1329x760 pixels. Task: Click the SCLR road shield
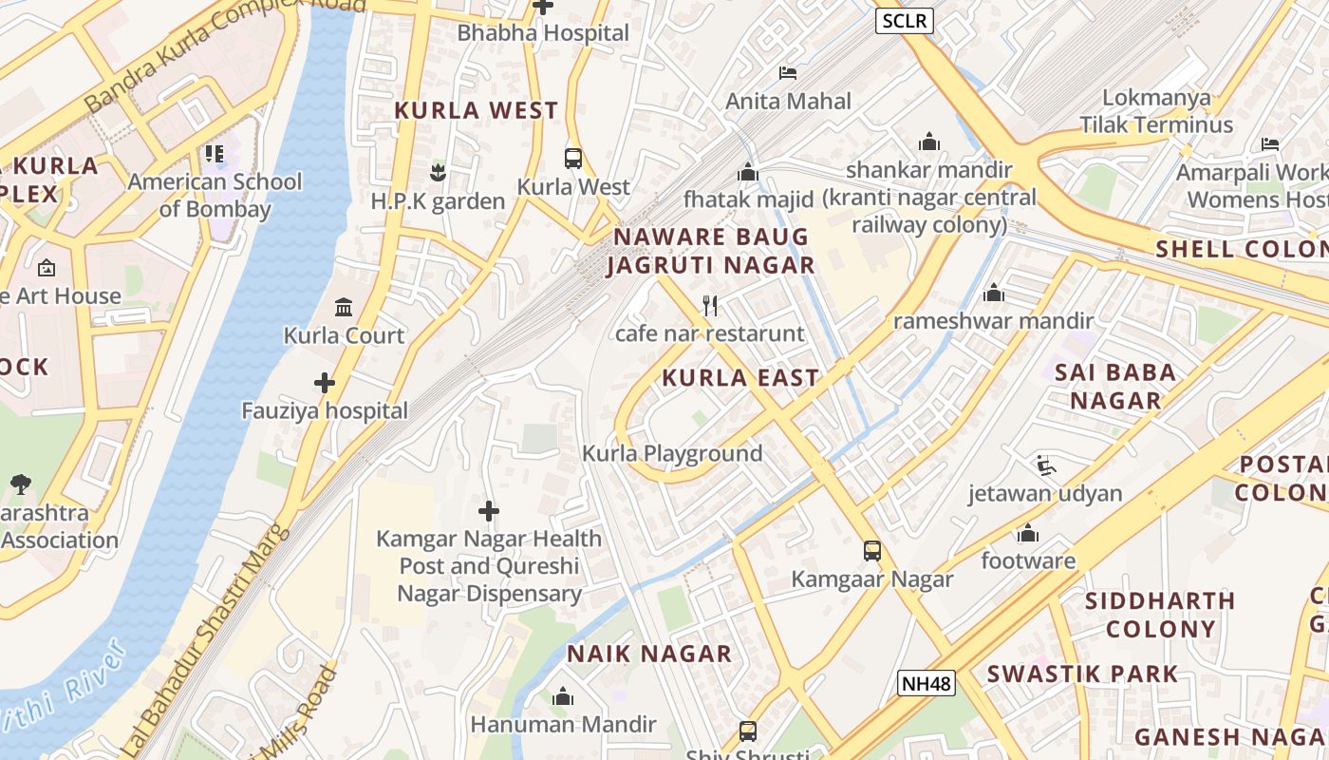(x=904, y=21)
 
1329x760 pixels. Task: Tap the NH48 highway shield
(x=926, y=682)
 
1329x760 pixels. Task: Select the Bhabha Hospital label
(x=543, y=33)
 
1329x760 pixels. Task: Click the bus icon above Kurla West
(x=573, y=159)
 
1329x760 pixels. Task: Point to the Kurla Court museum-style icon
(x=344, y=308)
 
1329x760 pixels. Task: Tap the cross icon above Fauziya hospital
(x=325, y=383)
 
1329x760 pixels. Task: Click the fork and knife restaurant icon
(x=709, y=306)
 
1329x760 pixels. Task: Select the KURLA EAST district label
(x=740, y=378)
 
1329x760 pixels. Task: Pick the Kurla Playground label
(x=672, y=453)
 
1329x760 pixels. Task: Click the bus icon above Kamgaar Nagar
(x=871, y=551)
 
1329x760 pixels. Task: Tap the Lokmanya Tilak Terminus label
(x=1155, y=111)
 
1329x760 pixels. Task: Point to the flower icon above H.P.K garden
(x=438, y=173)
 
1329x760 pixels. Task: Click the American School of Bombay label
(x=215, y=195)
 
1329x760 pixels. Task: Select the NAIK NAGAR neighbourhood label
(x=649, y=654)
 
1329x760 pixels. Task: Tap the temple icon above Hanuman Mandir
(x=563, y=697)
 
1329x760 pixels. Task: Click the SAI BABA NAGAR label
(x=1115, y=386)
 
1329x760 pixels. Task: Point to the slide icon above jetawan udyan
(x=1045, y=465)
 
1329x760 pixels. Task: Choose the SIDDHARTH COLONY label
(x=1160, y=615)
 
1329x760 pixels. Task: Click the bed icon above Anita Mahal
(x=788, y=72)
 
